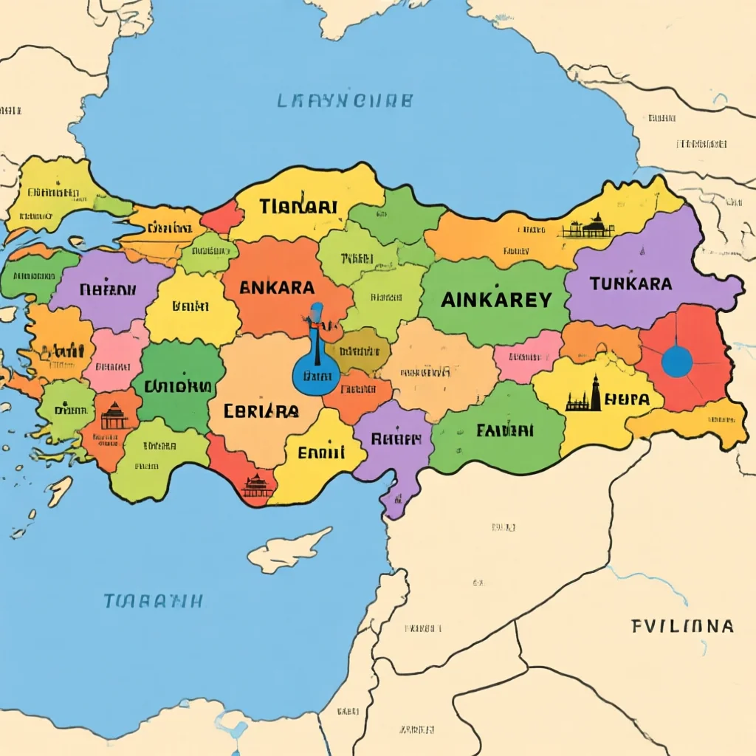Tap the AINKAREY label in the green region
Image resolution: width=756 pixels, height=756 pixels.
pos(496,299)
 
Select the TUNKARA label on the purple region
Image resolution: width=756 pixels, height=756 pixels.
pos(630,283)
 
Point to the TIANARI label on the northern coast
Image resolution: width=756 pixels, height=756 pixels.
pos(298,207)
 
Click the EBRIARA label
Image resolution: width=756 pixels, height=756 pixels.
pos(261,410)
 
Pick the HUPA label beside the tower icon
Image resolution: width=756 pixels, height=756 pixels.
pos(627,399)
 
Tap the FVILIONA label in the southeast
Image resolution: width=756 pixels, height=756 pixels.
pos(682,626)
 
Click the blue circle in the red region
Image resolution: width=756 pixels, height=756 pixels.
pos(676,361)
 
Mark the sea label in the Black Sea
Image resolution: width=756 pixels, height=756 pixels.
pos(345,100)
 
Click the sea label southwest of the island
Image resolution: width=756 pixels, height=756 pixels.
pos(153,600)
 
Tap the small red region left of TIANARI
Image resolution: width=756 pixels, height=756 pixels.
pos(221,217)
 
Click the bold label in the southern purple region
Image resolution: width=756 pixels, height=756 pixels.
pos(391,439)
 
